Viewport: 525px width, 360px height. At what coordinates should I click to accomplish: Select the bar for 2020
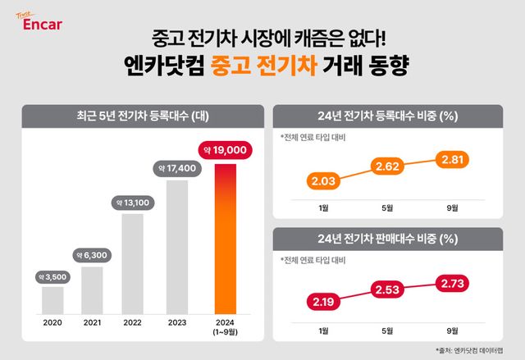(x=52, y=299)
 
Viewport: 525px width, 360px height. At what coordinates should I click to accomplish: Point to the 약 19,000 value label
(x=225, y=151)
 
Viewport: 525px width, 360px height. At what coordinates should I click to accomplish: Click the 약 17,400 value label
(x=176, y=167)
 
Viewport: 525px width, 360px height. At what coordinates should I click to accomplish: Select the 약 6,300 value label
(x=93, y=254)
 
